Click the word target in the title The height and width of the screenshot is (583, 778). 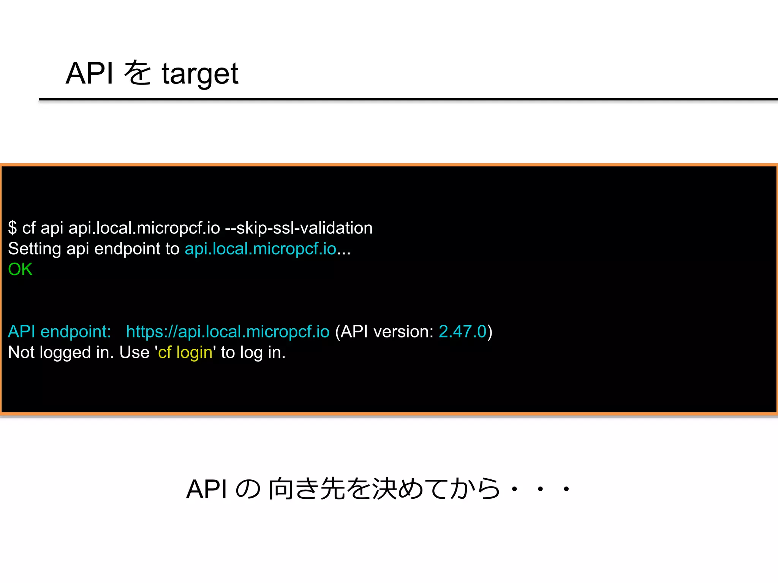(x=200, y=74)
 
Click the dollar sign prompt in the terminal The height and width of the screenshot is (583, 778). (x=13, y=228)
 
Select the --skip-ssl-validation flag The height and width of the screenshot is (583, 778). (x=299, y=228)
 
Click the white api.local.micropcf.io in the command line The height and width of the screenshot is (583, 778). (x=144, y=228)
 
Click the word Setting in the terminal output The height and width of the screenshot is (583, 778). (x=35, y=249)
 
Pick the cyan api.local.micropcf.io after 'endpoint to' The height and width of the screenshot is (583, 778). (x=260, y=249)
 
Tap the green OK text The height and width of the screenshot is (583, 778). (x=20, y=269)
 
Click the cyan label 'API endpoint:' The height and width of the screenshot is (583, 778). (x=60, y=331)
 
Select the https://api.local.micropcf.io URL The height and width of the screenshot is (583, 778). (x=228, y=331)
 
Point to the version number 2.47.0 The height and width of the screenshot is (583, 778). (x=462, y=331)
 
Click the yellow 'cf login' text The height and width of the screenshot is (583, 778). (x=185, y=352)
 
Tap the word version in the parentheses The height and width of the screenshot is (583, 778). (x=403, y=331)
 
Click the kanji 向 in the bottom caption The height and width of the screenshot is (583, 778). (x=280, y=488)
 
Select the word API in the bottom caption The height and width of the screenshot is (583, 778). (x=207, y=489)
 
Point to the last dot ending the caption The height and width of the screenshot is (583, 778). (x=566, y=489)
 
